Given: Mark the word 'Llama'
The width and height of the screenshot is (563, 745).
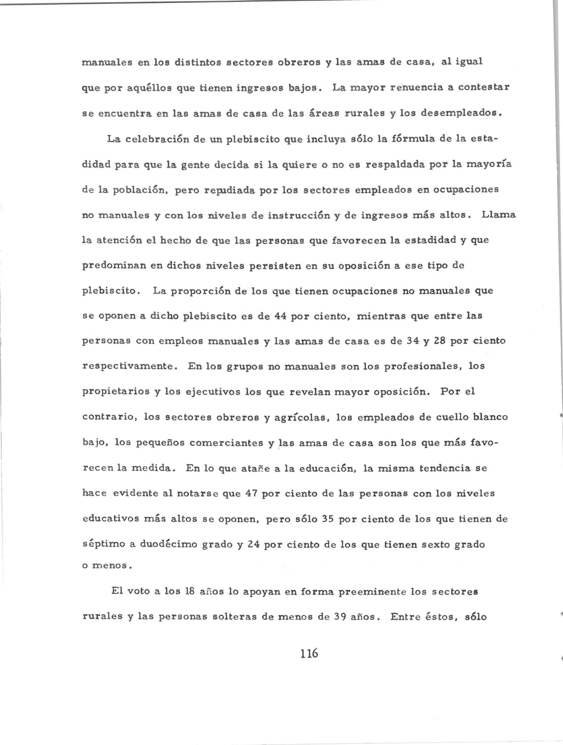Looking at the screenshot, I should tap(498, 215).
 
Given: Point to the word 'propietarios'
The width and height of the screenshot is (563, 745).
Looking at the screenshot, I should tap(116, 392).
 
